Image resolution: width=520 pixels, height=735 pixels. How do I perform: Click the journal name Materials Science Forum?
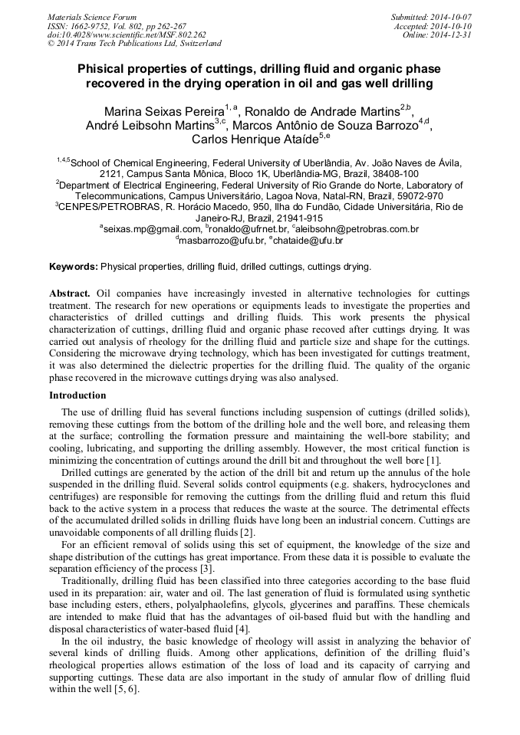click(x=92, y=17)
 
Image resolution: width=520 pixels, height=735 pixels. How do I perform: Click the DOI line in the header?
click(x=127, y=34)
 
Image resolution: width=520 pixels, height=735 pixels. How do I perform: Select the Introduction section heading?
click(x=77, y=395)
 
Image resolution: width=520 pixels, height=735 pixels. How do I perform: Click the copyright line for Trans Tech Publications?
click(x=134, y=44)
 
